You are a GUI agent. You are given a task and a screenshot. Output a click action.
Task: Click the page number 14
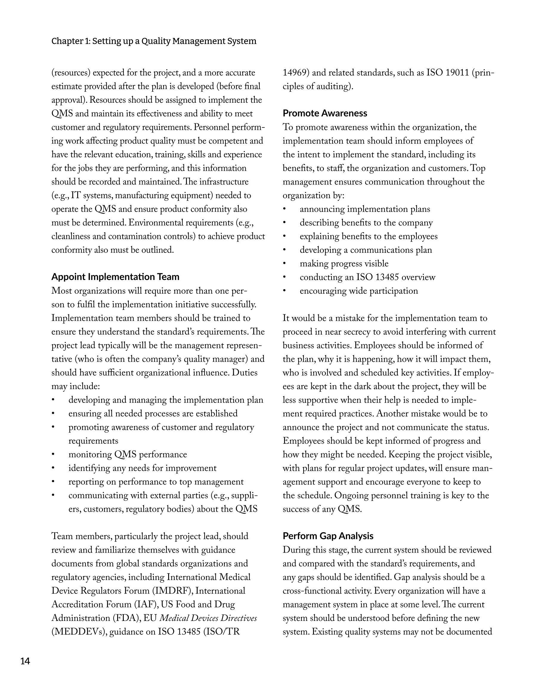[x=25, y=661]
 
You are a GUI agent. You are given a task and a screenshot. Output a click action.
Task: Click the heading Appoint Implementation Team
[x=115, y=277]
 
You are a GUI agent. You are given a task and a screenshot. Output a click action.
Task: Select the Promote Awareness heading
[x=325, y=113]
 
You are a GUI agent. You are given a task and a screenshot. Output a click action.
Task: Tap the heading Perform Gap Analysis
[x=328, y=536]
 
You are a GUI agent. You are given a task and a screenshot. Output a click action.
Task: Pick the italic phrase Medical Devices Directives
[x=208, y=618]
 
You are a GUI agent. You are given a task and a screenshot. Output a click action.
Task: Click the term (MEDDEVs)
[x=78, y=632]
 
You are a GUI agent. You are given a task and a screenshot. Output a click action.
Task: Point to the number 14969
[x=295, y=73]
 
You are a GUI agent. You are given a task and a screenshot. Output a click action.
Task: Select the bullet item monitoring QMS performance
[x=128, y=454]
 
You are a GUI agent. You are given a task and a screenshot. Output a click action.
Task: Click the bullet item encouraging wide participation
[x=359, y=291]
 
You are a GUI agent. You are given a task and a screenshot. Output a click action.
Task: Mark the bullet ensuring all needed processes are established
[x=153, y=414]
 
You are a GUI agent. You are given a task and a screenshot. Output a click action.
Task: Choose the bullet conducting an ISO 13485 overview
[x=367, y=277]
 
